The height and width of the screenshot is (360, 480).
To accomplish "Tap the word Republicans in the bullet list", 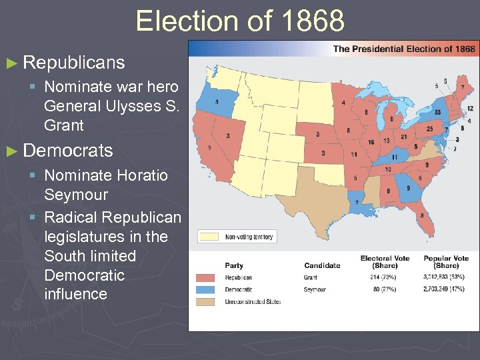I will (73, 63).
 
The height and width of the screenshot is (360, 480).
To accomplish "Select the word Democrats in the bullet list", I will (67, 151).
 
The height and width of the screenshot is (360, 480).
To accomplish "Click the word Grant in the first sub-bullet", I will (64, 125).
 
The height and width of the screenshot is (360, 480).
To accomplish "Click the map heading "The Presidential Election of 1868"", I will (404, 49).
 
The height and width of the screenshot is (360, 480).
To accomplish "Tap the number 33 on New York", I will (437, 113).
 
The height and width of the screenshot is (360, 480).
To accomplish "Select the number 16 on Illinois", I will (371, 143).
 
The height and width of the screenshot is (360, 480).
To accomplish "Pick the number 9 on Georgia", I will (409, 189).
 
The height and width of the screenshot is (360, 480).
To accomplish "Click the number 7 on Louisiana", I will (356, 202).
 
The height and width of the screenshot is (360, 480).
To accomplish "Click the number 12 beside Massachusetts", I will (470, 108).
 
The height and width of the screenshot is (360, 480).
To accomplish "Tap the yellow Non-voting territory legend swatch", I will (211, 237).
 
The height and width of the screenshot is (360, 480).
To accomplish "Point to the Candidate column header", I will (322, 265).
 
